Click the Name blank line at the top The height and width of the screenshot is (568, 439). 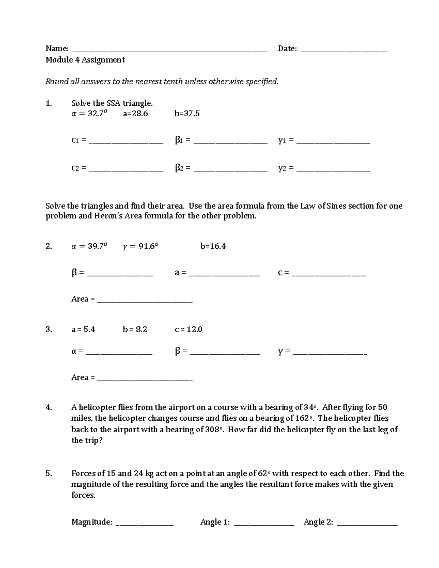[170, 51]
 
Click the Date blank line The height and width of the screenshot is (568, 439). [344, 51]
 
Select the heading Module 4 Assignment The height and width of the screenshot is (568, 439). [85, 60]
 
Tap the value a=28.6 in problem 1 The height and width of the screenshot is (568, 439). [135, 114]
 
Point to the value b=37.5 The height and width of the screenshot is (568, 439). [187, 114]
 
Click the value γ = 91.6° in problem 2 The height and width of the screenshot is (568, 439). [141, 247]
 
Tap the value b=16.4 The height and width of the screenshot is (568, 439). [213, 247]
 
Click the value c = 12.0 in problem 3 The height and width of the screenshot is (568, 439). [188, 330]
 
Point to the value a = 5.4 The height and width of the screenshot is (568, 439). [83, 330]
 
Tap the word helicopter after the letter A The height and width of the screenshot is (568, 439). [97, 407]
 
